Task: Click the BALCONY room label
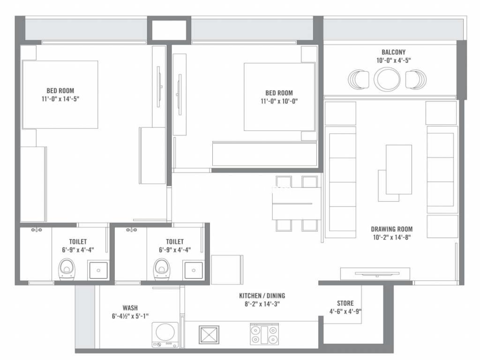coord(393,52)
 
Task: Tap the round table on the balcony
coord(387,79)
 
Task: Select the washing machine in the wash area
coord(165,335)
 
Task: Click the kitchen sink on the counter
coord(209,335)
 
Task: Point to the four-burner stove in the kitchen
coord(264,334)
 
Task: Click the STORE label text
coord(345,303)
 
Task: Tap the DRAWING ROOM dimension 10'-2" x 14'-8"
coord(391,237)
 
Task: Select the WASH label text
coord(130,308)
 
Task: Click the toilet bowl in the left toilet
coord(67,270)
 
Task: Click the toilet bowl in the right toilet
coord(161,270)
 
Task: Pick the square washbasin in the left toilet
coord(98,270)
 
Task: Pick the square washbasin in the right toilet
coord(194,270)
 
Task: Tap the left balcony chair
coord(359,79)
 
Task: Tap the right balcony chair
coord(416,79)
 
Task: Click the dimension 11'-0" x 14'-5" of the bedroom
coord(60,99)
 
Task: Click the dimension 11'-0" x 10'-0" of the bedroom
coord(279,101)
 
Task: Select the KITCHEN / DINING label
coord(262,296)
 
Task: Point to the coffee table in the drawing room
coord(398,170)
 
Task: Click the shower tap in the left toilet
coord(37,230)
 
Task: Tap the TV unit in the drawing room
coord(375,274)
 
